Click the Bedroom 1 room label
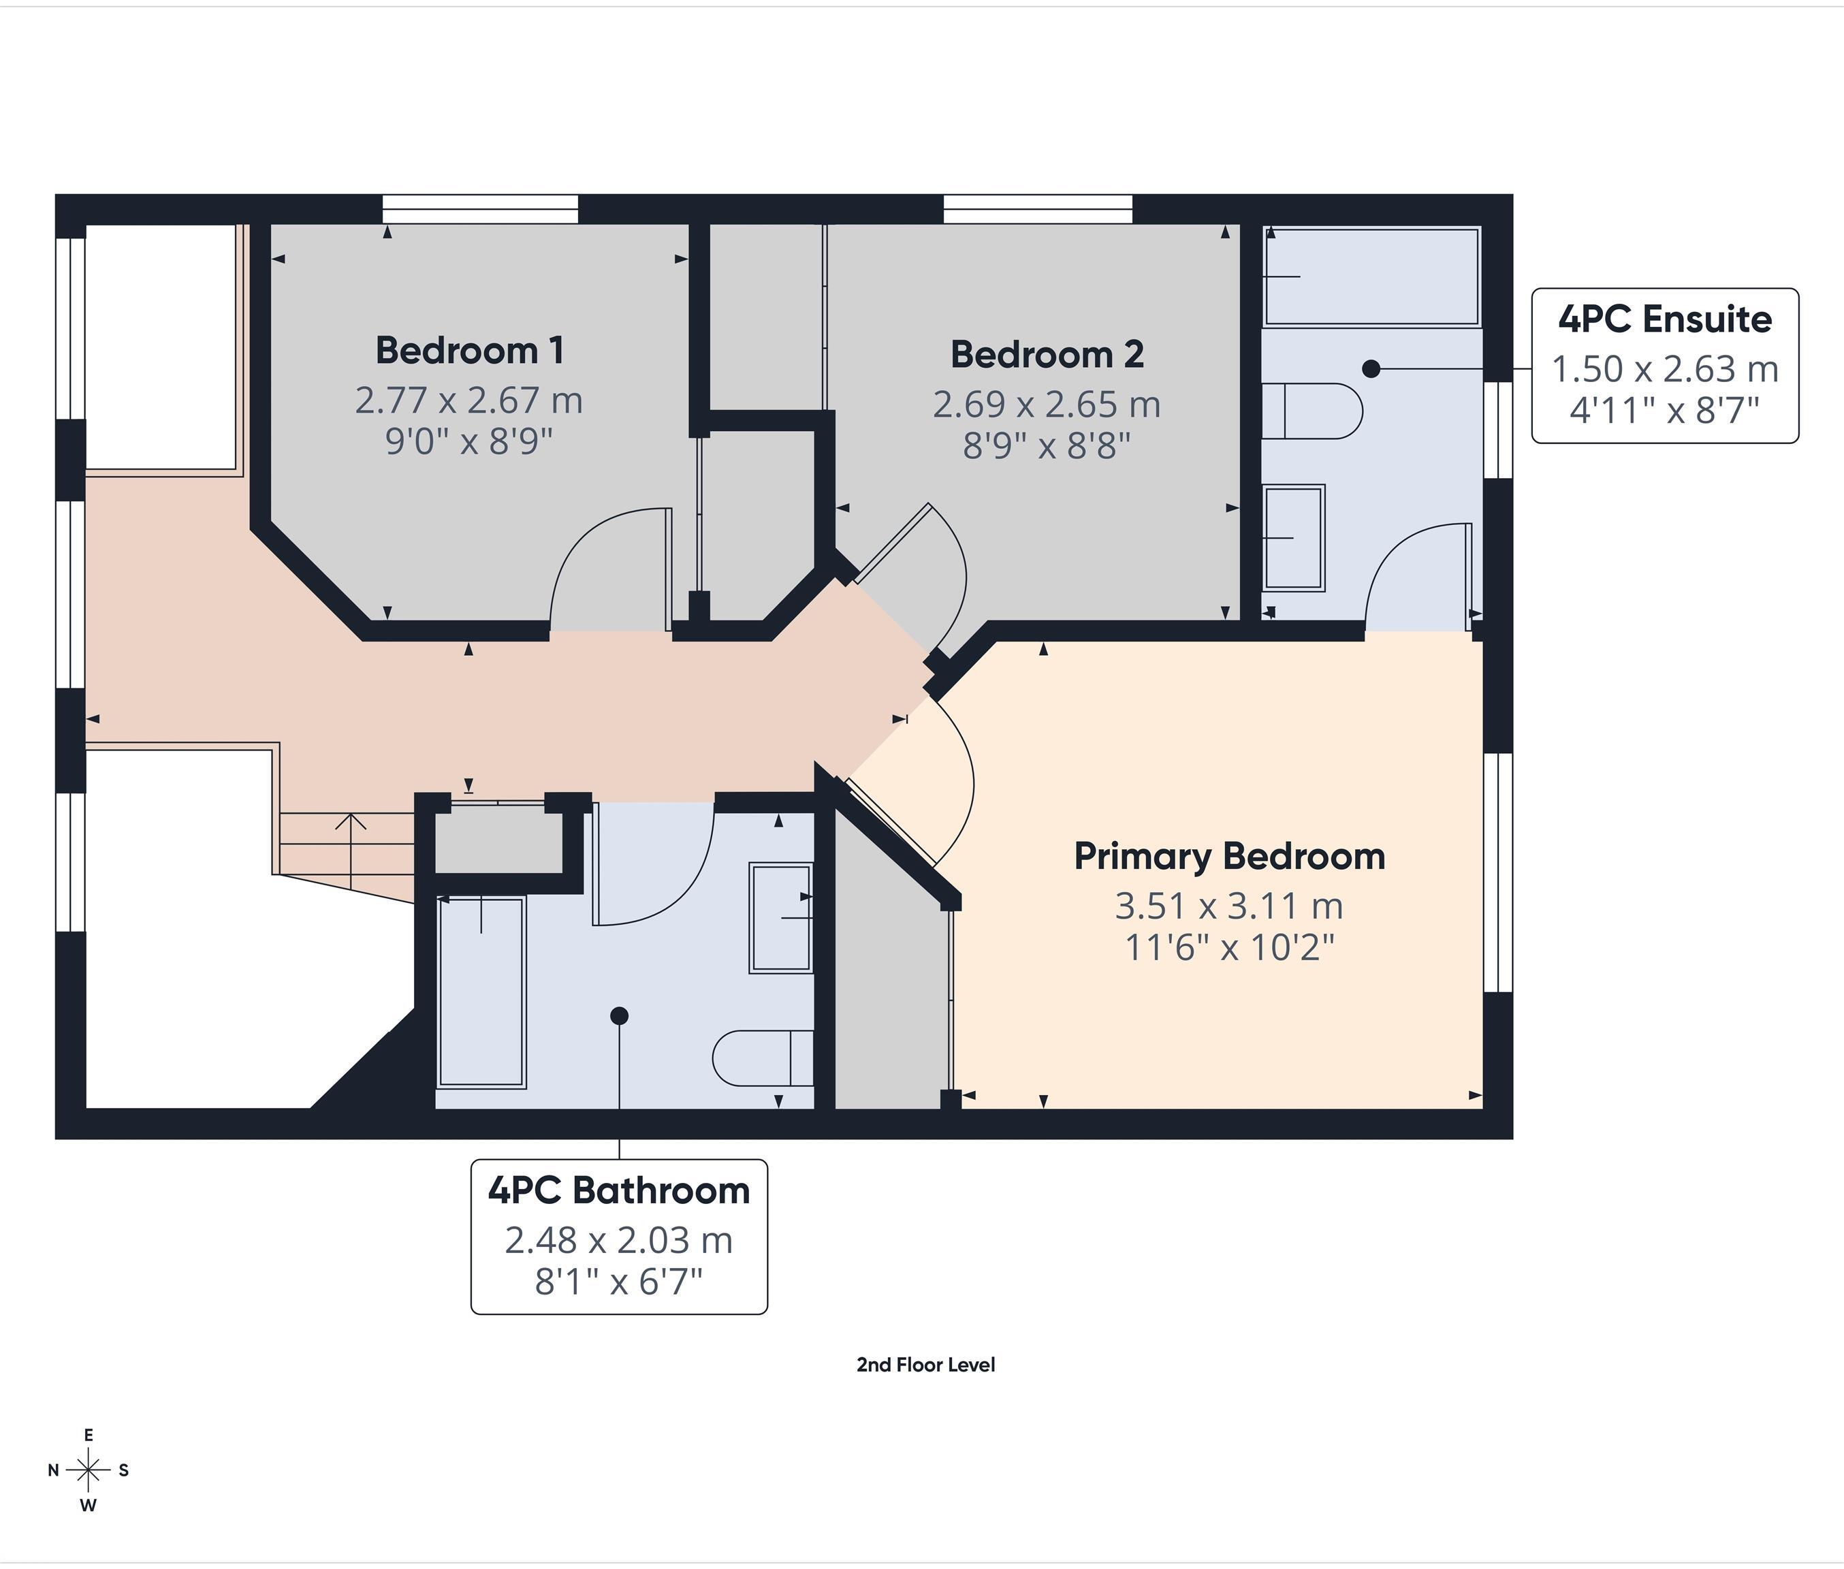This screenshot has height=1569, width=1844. click(x=470, y=351)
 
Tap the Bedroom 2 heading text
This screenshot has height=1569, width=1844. click(x=1047, y=355)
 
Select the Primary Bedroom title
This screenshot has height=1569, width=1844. click(x=1229, y=857)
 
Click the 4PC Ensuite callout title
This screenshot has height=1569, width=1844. click(x=1664, y=319)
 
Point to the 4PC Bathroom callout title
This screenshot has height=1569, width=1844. click(x=618, y=1190)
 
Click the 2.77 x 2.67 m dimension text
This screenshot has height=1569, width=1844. click(x=468, y=400)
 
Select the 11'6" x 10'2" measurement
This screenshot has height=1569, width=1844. click(x=1229, y=948)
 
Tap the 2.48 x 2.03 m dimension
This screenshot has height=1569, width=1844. click(x=618, y=1240)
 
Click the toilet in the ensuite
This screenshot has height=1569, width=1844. click(x=1312, y=411)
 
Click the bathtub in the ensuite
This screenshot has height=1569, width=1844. click(x=1371, y=276)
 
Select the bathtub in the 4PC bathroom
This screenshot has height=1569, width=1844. click(x=481, y=991)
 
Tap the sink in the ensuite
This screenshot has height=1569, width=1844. click(x=1294, y=537)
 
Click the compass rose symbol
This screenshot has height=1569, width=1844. click(x=88, y=1470)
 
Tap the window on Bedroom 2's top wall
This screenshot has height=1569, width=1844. click(x=1037, y=209)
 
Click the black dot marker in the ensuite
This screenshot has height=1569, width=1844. click(x=1371, y=368)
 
